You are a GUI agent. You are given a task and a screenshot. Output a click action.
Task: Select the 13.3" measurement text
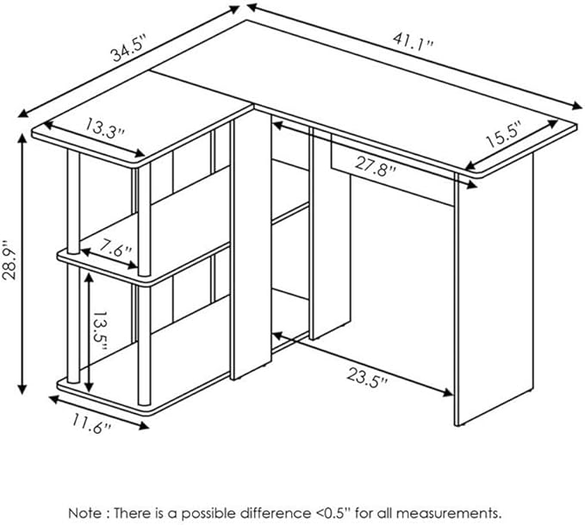[104, 127]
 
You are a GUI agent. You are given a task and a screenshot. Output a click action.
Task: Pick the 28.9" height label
[10, 261]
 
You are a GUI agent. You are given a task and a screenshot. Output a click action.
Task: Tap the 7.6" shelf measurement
[115, 249]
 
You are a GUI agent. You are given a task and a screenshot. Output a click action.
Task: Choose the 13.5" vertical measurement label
[100, 330]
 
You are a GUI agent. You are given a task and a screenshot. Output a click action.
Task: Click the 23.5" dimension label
[368, 378]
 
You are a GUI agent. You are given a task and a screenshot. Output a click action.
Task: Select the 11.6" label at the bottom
[92, 423]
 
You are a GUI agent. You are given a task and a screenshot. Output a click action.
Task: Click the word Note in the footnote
[84, 513]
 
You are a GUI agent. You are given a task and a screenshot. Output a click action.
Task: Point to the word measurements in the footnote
[448, 513]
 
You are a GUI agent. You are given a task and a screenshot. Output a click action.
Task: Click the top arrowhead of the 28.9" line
[22, 139]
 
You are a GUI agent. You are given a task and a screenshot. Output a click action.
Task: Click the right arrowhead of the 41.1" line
[576, 105]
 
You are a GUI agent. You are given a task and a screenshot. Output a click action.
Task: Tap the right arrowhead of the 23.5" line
[448, 392]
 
